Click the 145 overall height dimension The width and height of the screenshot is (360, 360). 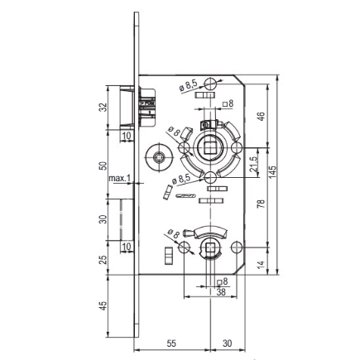click(272, 172)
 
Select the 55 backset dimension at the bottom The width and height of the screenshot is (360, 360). click(171, 343)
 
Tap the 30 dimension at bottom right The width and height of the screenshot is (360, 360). click(228, 343)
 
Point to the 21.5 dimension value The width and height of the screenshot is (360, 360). click(253, 164)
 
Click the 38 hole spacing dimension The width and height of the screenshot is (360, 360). click(221, 292)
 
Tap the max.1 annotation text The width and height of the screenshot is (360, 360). click(119, 179)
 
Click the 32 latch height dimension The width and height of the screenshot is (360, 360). click(103, 108)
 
